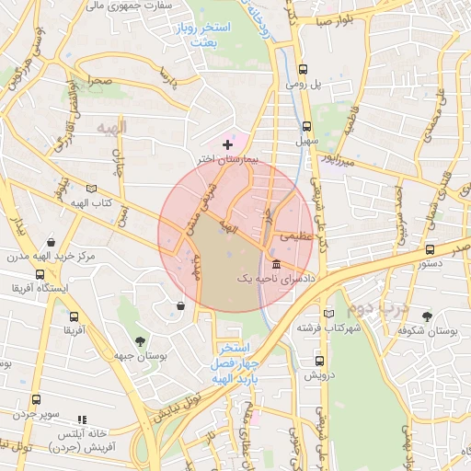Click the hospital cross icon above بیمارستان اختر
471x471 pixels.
(228, 144)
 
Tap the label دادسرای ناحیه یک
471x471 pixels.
(275, 277)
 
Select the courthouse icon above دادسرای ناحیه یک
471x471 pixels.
(276, 265)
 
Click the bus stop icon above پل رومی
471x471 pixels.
(304, 68)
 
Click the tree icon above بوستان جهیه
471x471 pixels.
(140, 340)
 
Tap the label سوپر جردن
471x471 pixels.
(36, 416)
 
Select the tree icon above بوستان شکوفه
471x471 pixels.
(427, 316)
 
